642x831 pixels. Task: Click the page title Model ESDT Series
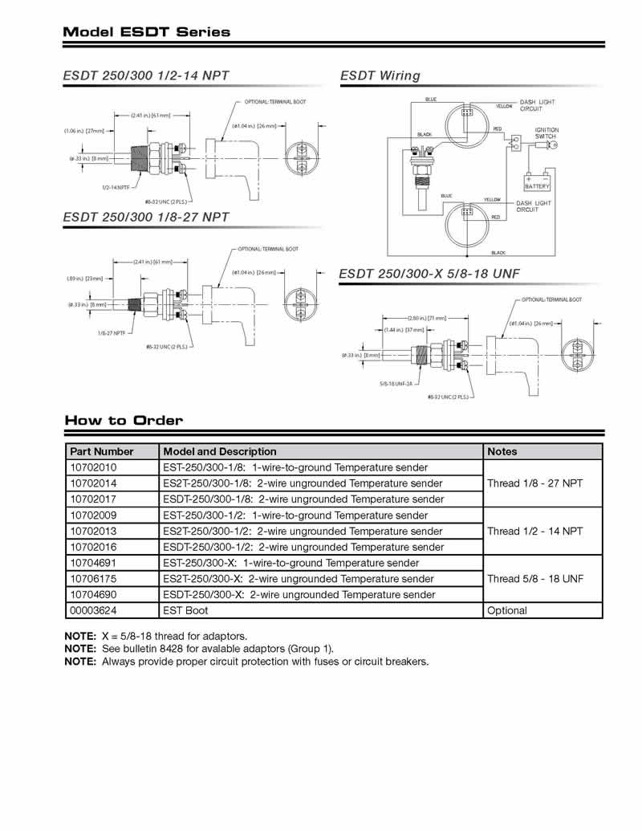pyautogui.click(x=146, y=32)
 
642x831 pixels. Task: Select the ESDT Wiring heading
pyautogui.click(x=380, y=75)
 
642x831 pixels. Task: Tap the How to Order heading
pyautogui.click(x=124, y=420)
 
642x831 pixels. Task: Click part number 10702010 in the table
pyautogui.click(x=93, y=467)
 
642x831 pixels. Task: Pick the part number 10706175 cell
pyautogui.click(x=93, y=579)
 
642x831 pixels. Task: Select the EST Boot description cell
pyautogui.click(x=185, y=610)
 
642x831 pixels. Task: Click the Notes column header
pyautogui.click(x=502, y=451)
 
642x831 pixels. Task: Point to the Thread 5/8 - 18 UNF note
pyautogui.click(x=534, y=579)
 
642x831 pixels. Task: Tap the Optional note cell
pyautogui.click(x=507, y=610)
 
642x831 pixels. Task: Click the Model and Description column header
pyautogui.click(x=219, y=451)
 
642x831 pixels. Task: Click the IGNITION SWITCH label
pyautogui.click(x=547, y=133)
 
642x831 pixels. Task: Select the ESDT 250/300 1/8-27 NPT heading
pyautogui.click(x=146, y=217)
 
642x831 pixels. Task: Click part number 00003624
pyautogui.click(x=93, y=610)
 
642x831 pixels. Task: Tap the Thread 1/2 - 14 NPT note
pyautogui.click(x=534, y=531)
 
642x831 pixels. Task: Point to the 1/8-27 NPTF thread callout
pyautogui.click(x=113, y=332)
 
